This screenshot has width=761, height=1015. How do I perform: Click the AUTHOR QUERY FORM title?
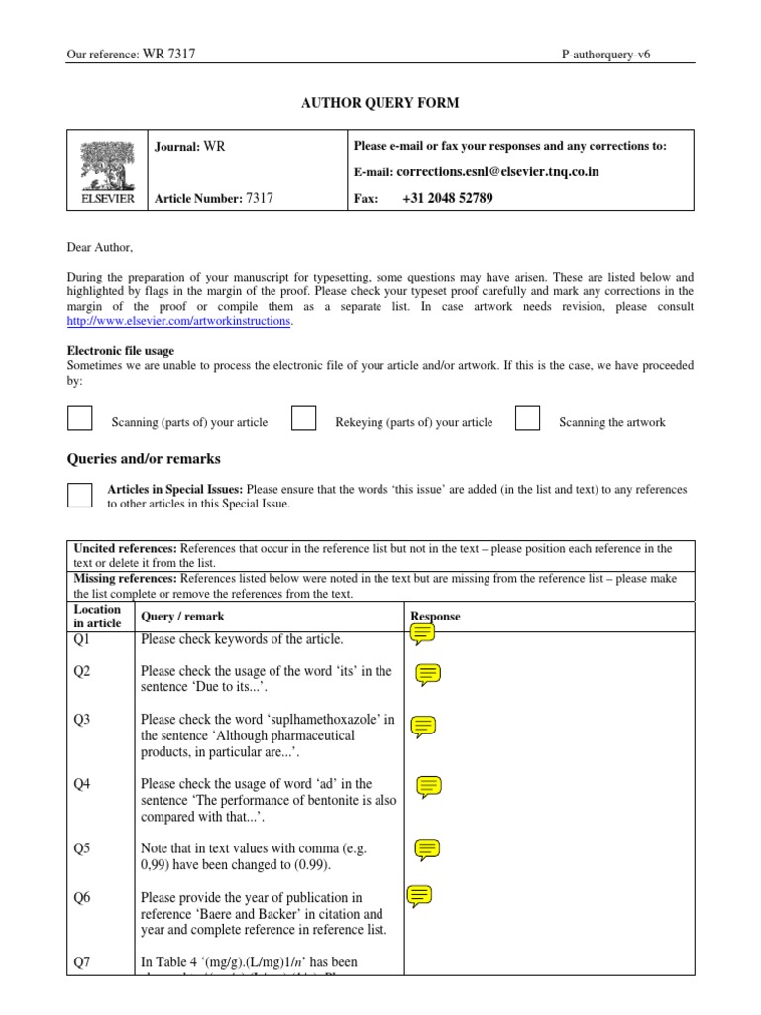click(x=380, y=103)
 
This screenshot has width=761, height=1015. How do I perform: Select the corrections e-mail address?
click(x=496, y=172)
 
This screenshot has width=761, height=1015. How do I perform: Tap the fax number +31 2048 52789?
click(x=448, y=198)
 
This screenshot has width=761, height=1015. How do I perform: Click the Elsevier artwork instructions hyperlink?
click(x=179, y=322)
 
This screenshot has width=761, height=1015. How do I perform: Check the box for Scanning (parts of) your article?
click(x=79, y=419)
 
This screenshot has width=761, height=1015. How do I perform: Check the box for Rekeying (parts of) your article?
click(x=304, y=419)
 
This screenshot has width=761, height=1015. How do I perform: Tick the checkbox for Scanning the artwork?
click(x=528, y=419)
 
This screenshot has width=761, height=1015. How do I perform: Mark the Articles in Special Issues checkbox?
click(x=79, y=495)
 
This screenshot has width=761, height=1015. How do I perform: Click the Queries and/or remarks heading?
click(x=144, y=459)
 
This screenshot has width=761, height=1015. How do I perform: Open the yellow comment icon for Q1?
click(x=422, y=634)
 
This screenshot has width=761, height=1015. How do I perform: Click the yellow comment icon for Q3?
click(x=423, y=727)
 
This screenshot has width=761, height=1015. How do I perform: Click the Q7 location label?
click(x=82, y=962)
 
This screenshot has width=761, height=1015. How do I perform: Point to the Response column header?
click(x=435, y=617)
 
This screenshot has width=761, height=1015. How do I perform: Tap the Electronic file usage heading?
click(x=120, y=351)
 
